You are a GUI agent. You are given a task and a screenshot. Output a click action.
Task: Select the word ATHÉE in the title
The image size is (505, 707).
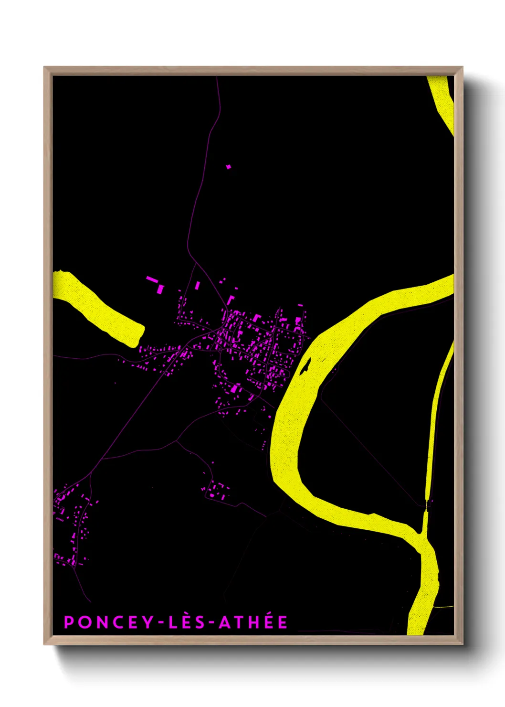(x=253, y=622)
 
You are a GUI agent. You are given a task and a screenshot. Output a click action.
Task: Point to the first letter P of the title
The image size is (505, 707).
(x=69, y=622)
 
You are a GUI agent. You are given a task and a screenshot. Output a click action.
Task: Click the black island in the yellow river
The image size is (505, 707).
(x=305, y=366)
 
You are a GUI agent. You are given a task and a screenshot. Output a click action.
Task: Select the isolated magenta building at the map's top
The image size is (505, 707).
(x=228, y=166)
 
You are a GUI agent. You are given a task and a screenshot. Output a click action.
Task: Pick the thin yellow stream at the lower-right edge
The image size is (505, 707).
(x=444, y=606)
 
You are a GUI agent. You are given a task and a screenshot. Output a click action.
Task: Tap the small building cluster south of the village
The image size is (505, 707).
(x=216, y=491)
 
